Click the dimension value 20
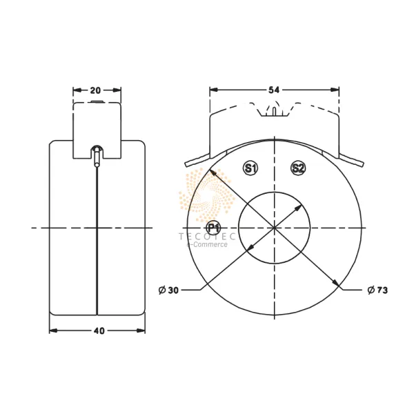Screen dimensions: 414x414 [97, 90]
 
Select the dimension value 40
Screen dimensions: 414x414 [97, 331]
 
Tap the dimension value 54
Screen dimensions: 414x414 [274, 90]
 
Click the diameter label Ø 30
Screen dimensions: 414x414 [169, 290]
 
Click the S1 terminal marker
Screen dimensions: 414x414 [250, 168]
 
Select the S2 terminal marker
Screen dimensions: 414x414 [298, 168]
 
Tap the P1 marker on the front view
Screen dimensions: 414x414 [213, 228]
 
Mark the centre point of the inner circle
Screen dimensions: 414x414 [274, 227]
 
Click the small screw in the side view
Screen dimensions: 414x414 [97, 155]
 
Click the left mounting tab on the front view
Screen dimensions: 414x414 [195, 162]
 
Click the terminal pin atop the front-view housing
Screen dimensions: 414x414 [274, 110]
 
